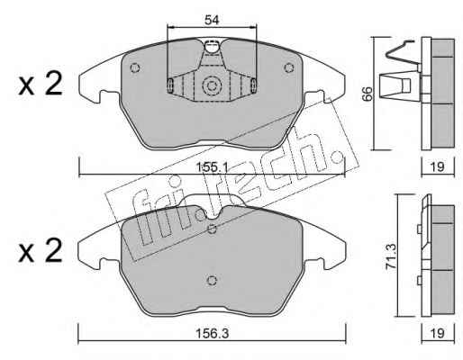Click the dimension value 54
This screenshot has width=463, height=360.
212,20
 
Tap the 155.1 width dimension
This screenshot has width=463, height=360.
212,167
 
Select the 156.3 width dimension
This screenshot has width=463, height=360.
212,333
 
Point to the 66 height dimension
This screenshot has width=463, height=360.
367,94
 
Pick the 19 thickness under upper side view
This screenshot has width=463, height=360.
437,166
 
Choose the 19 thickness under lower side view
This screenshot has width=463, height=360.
437,333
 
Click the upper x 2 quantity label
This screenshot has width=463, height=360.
41,85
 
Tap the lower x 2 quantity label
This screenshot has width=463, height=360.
41,251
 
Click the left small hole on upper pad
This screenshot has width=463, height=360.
135,67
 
